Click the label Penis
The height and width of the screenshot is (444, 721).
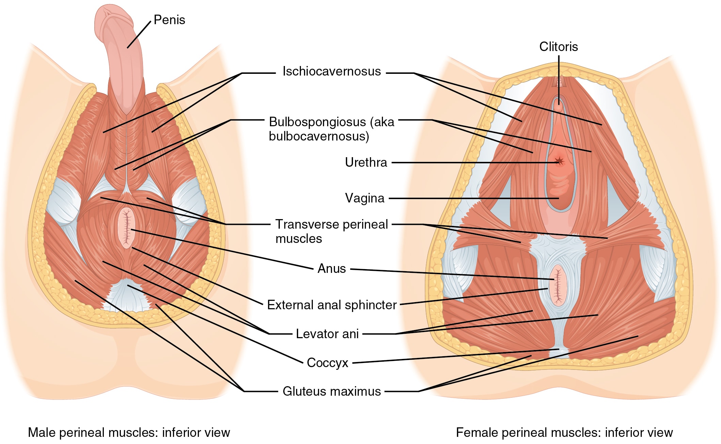click(x=169, y=20)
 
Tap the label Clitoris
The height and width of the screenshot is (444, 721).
click(x=558, y=47)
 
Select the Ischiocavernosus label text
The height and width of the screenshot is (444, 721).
click(x=331, y=71)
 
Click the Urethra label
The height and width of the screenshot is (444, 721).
click(x=366, y=162)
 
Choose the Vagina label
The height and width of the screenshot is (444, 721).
click(x=365, y=198)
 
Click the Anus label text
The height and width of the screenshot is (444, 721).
click(x=332, y=268)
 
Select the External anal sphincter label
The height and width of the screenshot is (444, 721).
click(x=332, y=305)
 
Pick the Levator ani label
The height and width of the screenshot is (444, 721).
click(x=327, y=334)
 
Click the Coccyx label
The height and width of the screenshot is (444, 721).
click(x=327, y=363)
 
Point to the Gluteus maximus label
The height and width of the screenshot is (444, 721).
click(x=332, y=391)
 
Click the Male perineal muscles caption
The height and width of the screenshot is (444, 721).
click(x=129, y=432)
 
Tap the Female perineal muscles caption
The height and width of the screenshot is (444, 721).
click(x=564, y=432)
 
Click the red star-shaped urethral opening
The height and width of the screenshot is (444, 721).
click(x=559, y=161)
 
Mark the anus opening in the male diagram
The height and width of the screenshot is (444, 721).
click(x=127, y=228)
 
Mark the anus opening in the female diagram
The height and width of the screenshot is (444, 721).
click(x=558, y=285)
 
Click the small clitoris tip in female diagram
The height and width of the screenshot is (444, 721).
click(x=558, y=105)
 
